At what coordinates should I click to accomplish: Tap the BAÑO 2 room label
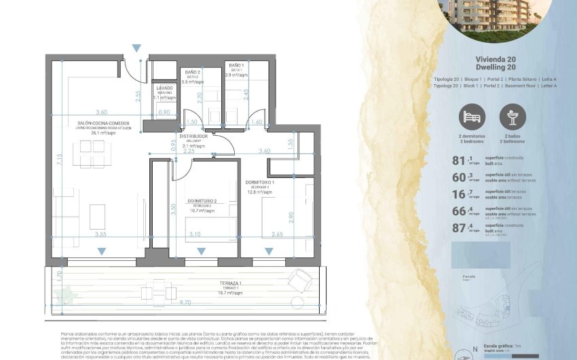click(193, 71)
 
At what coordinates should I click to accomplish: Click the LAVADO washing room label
click(164, 88)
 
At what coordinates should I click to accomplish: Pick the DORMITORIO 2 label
click(202, 200)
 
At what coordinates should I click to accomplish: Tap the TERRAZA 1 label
click(231, 283)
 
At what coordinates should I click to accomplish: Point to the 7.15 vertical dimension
click(60, 160)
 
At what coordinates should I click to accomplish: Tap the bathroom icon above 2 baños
click(513, 117)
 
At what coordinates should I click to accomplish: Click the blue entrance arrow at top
click(136, 48)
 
